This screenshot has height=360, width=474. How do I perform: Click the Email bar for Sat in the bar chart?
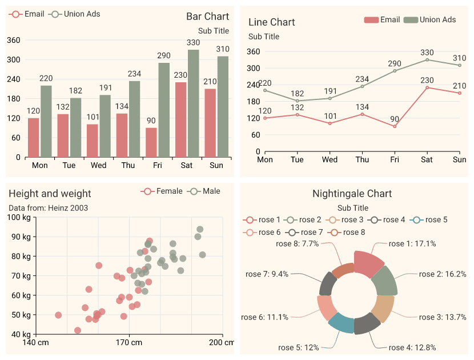180,119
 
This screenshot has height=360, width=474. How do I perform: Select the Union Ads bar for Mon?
46,121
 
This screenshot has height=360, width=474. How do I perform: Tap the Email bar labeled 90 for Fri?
151,142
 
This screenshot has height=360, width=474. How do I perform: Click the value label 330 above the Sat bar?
193,42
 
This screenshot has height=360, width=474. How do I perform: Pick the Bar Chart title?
207,17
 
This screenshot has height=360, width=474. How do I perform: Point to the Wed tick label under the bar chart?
98,166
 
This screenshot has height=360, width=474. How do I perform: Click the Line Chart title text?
271,22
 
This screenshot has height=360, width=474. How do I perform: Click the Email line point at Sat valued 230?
427,87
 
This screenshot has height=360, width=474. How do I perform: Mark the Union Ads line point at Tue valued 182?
297,101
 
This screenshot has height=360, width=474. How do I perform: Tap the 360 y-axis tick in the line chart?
254,51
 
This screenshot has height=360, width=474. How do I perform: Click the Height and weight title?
50,194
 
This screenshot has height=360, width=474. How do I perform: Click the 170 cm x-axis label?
129,342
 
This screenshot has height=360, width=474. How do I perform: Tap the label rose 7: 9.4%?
267,274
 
